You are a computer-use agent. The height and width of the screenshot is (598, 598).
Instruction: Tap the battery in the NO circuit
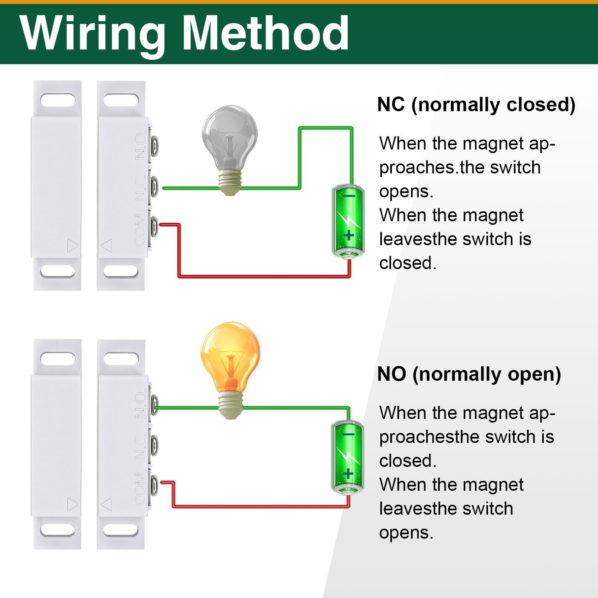tap(348, 456)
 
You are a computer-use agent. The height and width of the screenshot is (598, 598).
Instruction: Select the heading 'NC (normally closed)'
tap(476, 104)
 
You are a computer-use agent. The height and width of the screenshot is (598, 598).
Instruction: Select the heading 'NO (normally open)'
tap(469, 374)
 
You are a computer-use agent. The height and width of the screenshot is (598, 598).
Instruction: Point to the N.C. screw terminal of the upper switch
tap(154, 186)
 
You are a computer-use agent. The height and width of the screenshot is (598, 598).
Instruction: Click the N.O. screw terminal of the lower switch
tap(154, 405)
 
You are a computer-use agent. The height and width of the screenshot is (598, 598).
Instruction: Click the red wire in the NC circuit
tap(263, 276)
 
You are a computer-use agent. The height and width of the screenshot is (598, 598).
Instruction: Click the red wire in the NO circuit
tap(259, 507)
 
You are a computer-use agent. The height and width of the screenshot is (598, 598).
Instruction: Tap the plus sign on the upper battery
tap(349, 235)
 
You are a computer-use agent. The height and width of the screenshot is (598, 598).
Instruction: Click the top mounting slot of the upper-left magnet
tap(57, 100)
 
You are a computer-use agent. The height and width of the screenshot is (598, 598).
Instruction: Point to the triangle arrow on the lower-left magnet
tap(72, 505)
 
